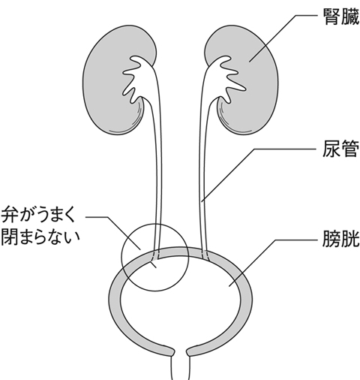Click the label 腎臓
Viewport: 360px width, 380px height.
click(341, 17)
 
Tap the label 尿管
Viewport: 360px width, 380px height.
click(341, 149)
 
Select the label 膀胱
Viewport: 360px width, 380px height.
click(341, 239)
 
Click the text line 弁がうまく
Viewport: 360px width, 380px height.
click(39, 215)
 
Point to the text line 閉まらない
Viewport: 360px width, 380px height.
click(40, 236)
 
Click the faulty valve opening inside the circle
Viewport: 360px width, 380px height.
click(154, 261)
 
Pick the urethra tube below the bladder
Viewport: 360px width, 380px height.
click(181, 368)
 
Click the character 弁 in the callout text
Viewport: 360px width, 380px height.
click(9, 215)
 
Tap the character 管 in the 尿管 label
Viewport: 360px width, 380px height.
click(350, 149)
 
